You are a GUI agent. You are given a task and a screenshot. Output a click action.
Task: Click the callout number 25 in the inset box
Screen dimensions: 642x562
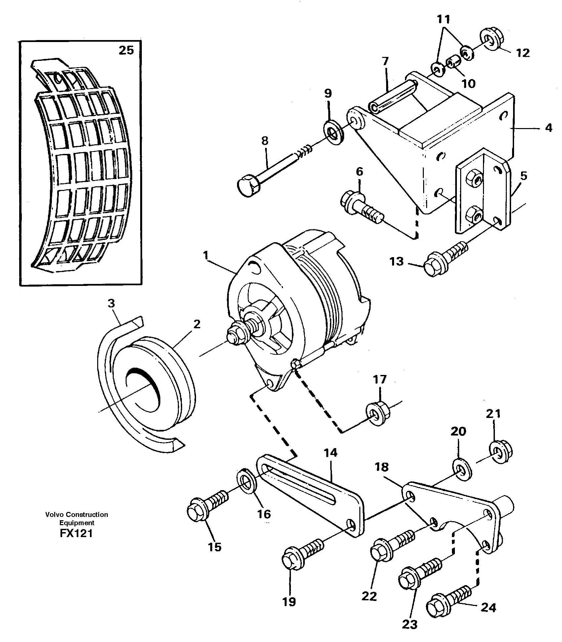pyautogui.click(x=126, y=50)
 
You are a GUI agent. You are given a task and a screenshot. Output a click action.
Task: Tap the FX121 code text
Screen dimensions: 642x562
pyautogui.click(x=76, y=533)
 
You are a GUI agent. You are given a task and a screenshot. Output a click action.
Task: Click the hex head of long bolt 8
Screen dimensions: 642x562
pyautogui.click(x=249, y=187)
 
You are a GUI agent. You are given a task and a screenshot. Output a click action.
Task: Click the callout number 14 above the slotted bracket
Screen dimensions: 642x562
pyautogui.click(x=331, y=452)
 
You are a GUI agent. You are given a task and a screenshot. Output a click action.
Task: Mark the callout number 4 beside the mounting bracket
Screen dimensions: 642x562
pyautogui.click(x=548, y=128)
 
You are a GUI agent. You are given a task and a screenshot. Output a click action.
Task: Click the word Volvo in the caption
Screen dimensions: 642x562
pyautogui.click(x=55, y=514)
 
